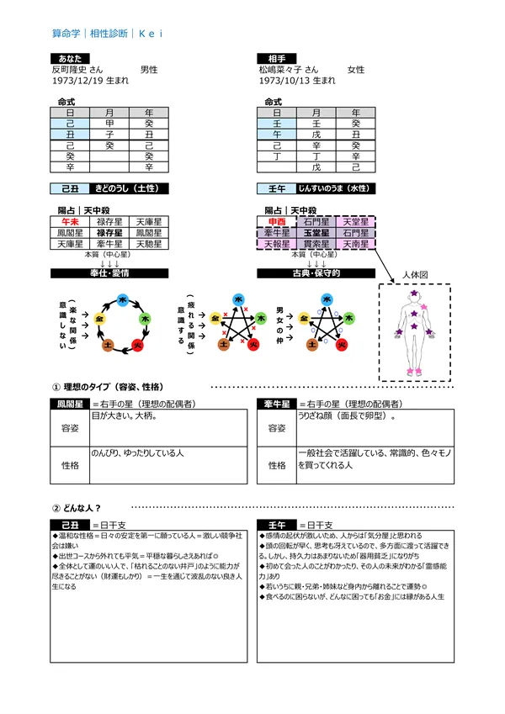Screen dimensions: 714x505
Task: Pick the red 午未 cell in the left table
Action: pos(70,221)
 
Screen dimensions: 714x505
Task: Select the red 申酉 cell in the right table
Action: pos(279,221)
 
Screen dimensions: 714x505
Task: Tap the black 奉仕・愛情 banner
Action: pos(109,273)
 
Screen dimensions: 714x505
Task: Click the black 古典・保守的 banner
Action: pos(316,273)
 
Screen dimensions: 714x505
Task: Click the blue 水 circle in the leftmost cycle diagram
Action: pos(121,299)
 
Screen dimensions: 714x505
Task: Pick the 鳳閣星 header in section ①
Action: pos(70,404)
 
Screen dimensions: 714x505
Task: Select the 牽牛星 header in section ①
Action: pos(277,404)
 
